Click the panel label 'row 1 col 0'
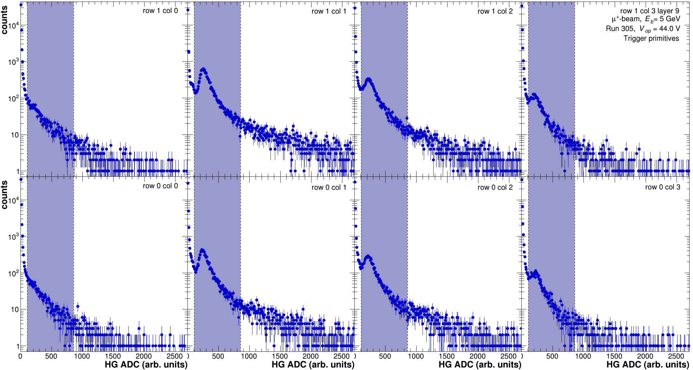[160, 11]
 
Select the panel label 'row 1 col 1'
[329, 11]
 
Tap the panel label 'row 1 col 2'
[495, 11]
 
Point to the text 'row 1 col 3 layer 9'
[650, 11]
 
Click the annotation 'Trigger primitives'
[651, 39]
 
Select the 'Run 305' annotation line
[643, 29]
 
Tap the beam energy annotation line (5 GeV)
[646, 19]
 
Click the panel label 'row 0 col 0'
[160, 186]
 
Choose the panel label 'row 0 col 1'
[329, 188]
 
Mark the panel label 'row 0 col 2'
[495, 188]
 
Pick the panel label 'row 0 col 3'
[663, 187]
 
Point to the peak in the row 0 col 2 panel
[368, 256]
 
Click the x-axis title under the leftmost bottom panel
[146, 365]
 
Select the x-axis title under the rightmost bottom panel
[648, 365]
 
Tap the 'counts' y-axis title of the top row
[4, 21]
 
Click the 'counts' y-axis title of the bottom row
[4, 195]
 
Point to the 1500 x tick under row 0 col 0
[113, 356]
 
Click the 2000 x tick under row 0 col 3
[645, 356]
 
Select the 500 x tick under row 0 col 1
[218, 356]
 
